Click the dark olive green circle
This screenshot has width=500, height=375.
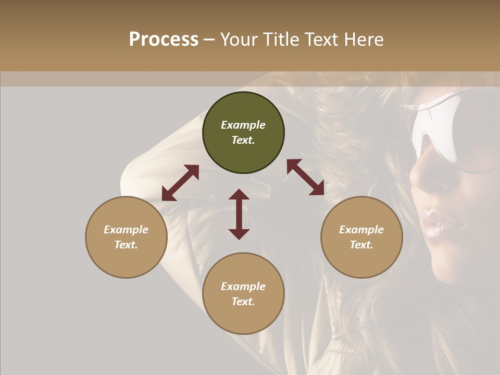[x=243, y=133]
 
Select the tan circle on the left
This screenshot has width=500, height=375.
[x=126, y=237]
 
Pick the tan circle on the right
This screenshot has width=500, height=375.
[x=361, y=237]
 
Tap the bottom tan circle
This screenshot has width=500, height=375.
[x=243, y=294]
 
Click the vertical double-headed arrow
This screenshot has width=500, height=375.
[x=239, y=214]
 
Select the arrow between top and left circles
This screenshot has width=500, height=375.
[x=180, y=183]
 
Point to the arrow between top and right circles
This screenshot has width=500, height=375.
[x=306, y=177]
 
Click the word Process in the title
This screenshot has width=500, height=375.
[x=164, y=40]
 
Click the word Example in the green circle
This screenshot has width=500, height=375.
[x=243, y=125]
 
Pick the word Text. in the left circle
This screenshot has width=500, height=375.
[x=126, y=245]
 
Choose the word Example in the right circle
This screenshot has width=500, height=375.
[x=361, y=230]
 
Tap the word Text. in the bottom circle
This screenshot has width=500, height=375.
[x=243, y=302]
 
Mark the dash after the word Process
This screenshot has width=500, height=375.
[x=209, y=41]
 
